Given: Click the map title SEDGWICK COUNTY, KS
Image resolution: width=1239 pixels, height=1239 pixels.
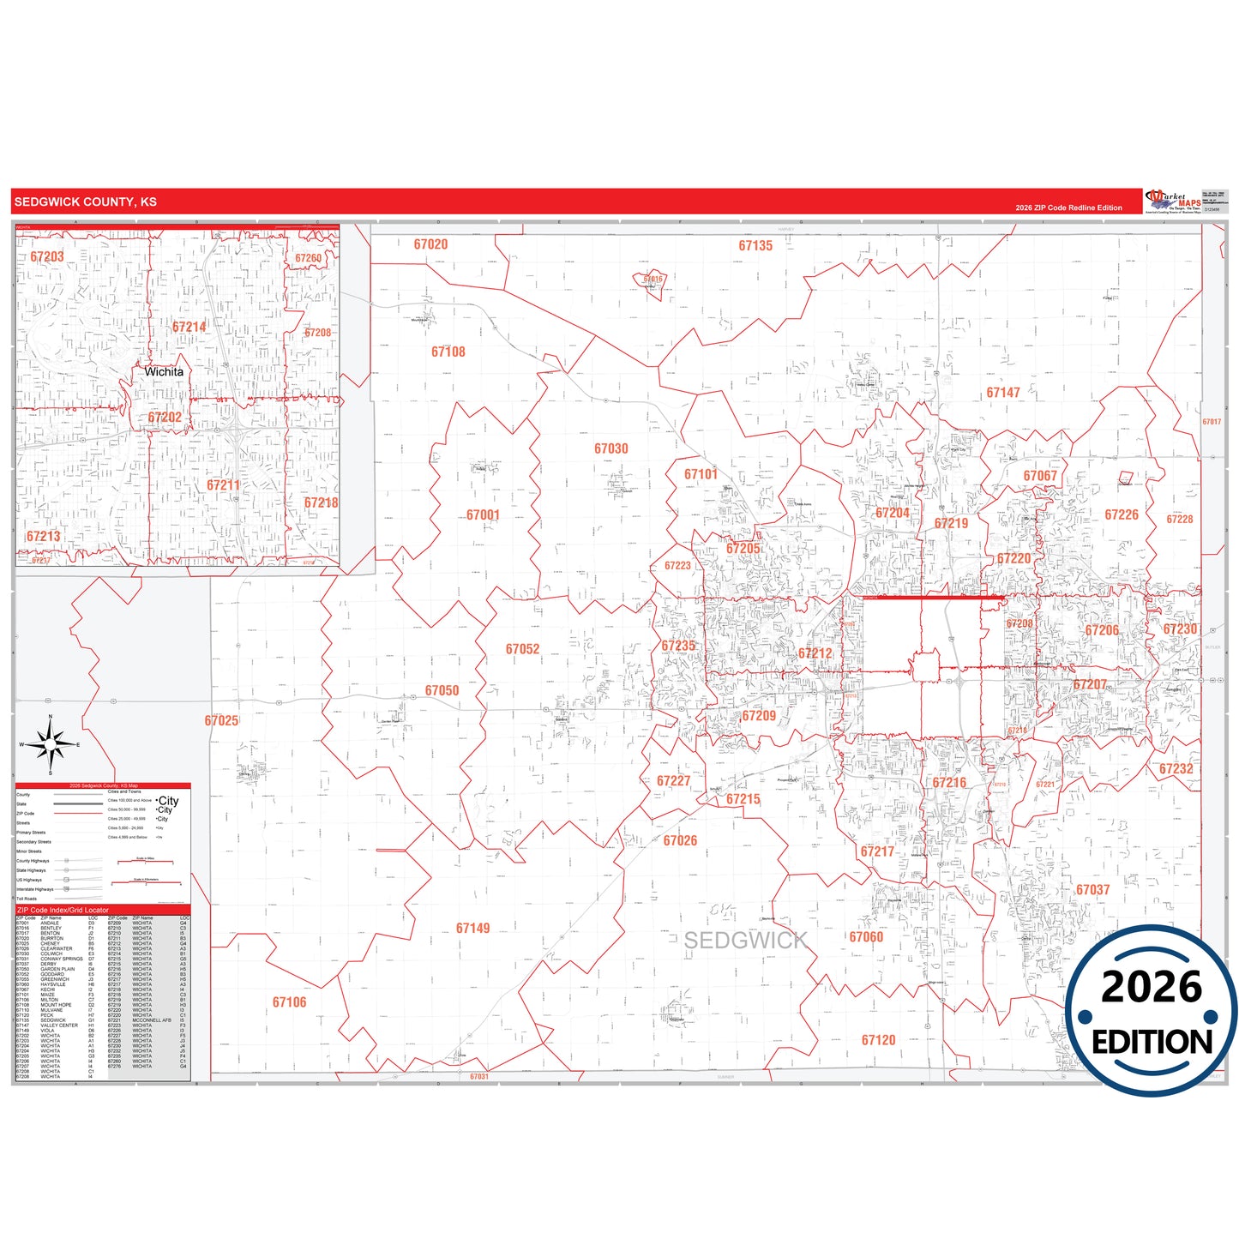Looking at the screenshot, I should pos(85,202).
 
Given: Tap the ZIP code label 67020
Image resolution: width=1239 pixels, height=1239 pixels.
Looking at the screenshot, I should pos(430,244).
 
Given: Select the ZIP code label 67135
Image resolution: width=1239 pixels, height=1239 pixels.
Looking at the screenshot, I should pos(755,246).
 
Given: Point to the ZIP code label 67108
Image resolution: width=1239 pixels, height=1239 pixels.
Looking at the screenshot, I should pos(448,352).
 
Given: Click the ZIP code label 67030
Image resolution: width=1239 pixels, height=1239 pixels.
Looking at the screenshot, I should pos(611,448).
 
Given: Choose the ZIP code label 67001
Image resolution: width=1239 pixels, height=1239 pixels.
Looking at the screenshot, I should pos(483,515).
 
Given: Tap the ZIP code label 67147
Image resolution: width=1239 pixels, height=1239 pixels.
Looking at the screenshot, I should pos(1003,393).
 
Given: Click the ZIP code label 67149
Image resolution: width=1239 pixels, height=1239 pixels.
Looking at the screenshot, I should pos(473,929).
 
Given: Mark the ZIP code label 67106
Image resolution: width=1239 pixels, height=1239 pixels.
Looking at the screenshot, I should pos(289,1002).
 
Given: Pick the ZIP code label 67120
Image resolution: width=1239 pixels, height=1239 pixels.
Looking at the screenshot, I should pos(878,1040).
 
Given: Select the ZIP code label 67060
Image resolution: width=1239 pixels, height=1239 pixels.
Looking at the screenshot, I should pos(866,937).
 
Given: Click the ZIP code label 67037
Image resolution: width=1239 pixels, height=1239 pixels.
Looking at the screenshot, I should pos(1092,890).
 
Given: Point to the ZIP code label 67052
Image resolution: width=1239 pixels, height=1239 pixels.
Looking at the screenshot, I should pos(522,649).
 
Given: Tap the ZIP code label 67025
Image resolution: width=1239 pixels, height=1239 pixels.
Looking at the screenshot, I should pos(221,721).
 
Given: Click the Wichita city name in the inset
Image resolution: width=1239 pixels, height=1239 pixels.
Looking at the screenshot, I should pos(164,372).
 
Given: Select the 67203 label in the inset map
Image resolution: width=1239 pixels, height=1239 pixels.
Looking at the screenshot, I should pos(47,256).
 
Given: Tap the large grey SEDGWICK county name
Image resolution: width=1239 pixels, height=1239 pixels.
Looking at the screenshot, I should pos(745,941).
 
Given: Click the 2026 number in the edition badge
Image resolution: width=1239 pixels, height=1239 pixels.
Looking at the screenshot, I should pos(1152,987).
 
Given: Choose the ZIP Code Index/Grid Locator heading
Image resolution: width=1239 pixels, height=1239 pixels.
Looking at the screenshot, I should pos(63,910).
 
